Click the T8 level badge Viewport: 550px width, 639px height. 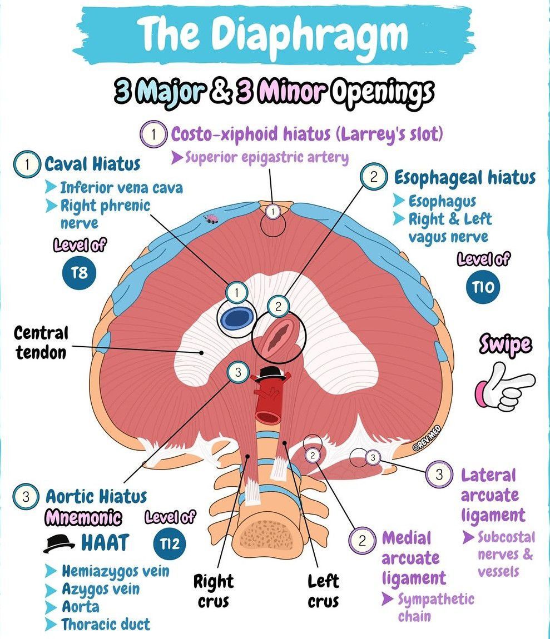[80, 273]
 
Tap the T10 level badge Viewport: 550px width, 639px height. [483, 287]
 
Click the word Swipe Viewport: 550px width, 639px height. [505, 345]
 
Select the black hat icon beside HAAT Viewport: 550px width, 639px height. [60, 543]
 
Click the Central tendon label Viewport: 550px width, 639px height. [41, 342]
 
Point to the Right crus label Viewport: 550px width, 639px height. [214, 591]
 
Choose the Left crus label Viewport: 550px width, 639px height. [324, 591]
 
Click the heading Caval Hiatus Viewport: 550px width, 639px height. [92, 164]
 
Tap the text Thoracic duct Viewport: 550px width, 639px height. [105, 624]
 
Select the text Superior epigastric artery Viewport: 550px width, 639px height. [266, 158]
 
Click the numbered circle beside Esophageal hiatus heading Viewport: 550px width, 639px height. [374, 177]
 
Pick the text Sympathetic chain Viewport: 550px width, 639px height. [435, 607]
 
